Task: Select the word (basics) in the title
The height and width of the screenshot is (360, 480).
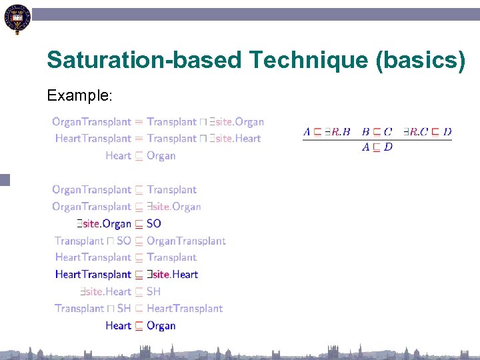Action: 421,61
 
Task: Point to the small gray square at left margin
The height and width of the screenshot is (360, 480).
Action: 5,179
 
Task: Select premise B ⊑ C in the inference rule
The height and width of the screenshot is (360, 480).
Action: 377,132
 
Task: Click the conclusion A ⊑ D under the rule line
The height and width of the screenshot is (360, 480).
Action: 377,147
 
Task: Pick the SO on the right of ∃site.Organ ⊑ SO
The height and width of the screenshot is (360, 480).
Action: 154,224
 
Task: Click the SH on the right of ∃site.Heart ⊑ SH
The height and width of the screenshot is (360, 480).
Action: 154,291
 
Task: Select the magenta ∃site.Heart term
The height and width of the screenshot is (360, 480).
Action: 173,275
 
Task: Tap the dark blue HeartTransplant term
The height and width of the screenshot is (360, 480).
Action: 93,275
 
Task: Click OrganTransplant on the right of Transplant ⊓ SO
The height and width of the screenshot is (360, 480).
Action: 186,241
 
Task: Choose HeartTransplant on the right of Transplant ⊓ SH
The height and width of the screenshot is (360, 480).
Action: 185,309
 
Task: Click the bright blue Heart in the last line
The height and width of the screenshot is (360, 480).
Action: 118,326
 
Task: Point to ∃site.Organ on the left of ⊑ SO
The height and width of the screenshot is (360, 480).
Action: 103,224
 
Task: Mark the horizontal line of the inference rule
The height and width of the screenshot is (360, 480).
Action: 377,139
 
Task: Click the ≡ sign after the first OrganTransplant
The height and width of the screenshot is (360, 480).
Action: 139,122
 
